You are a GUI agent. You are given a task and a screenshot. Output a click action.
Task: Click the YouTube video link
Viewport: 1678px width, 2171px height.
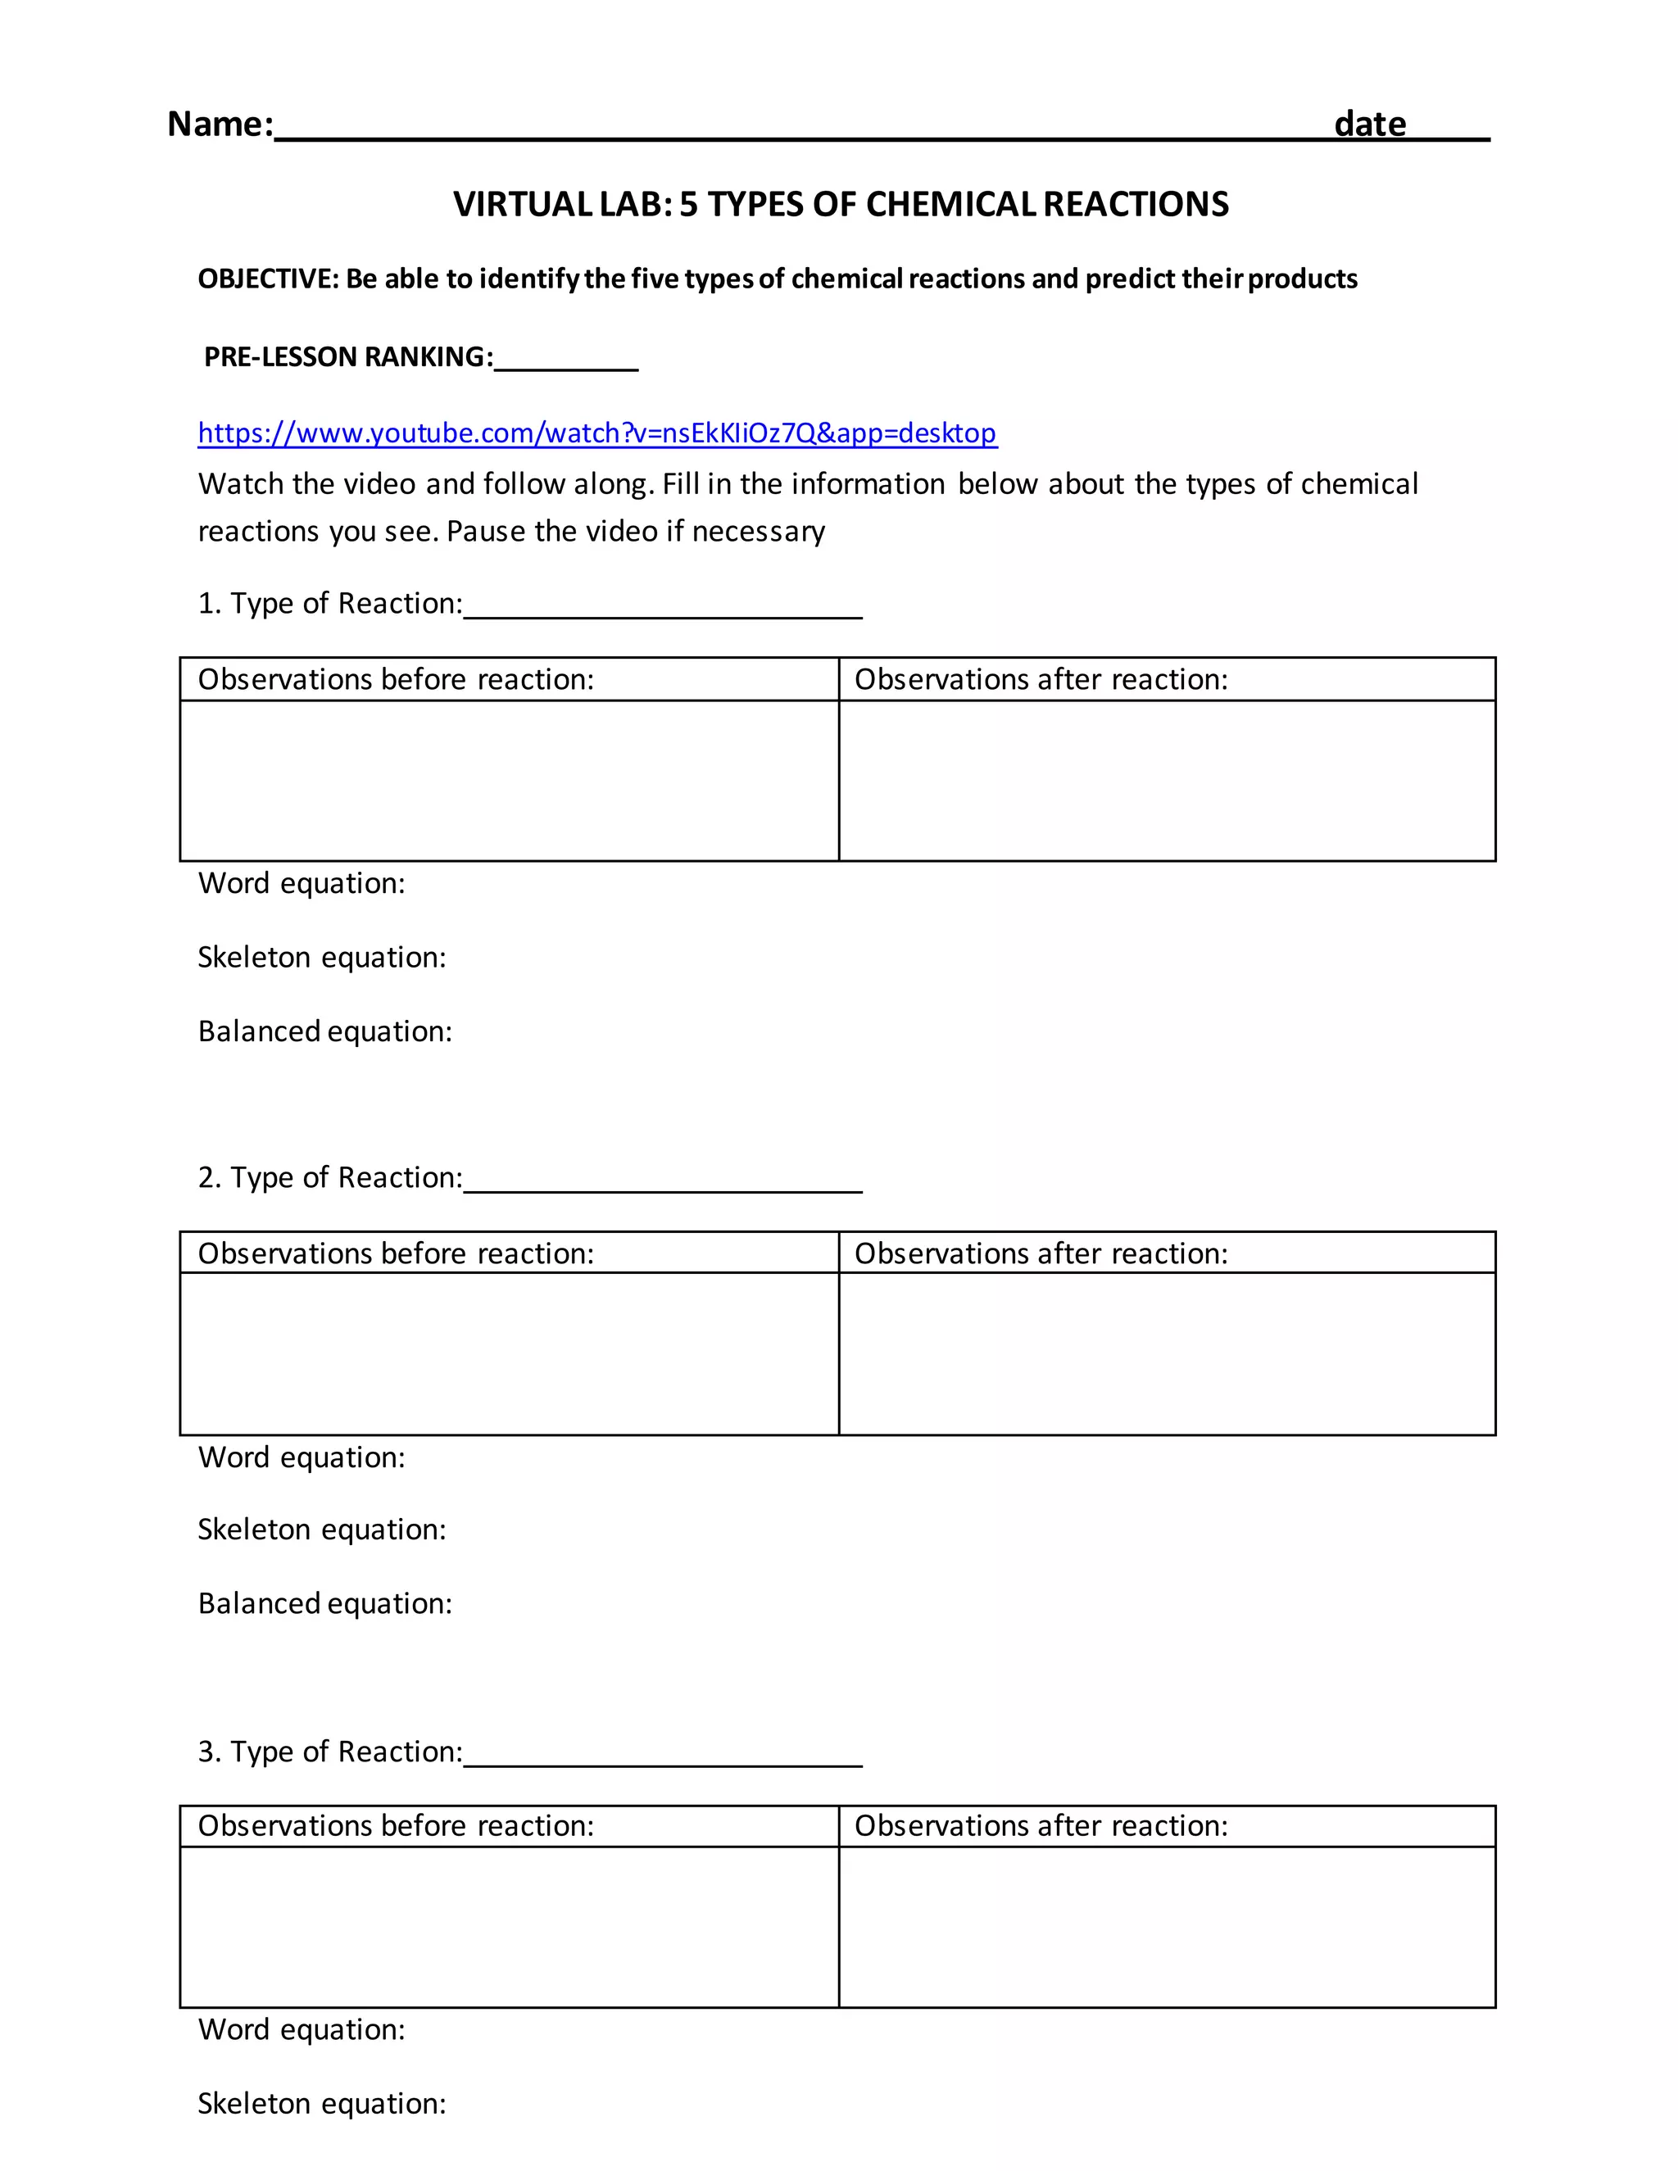click(x=596, y=433)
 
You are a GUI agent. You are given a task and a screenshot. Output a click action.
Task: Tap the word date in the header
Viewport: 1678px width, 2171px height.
click(x=1369, y=125)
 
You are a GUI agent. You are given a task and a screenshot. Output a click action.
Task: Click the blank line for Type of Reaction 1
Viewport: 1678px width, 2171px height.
click(x=663, y=609)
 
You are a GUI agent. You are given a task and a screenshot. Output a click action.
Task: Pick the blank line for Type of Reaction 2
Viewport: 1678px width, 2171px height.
click(x=663, y=1182)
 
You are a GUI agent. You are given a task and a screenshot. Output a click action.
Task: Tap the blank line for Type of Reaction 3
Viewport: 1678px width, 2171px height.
click(x=663, y=1756)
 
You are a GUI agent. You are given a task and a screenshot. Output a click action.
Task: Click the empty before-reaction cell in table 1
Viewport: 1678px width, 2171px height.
click(x=509, y=780)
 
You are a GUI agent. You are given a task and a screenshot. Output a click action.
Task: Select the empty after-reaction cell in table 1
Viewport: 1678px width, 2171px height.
click(x=1167, y=780)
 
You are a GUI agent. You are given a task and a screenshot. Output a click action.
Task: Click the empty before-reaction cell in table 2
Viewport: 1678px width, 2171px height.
click(x=509, y=1354)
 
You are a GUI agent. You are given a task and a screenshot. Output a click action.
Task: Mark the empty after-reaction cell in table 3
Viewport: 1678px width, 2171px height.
click(x=1167, y=1927)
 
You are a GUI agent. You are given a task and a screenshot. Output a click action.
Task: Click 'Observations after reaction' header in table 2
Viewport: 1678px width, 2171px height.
click(x=1041, y=1253)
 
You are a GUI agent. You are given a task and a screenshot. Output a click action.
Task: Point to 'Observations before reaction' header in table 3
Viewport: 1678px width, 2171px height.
click(x=396, y=1826)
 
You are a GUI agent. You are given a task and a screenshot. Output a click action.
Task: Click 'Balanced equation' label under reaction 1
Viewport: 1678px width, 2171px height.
click(x=325, y=1031)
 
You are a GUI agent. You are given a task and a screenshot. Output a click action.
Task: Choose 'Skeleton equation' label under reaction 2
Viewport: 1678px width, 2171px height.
click(x=321, y=1530)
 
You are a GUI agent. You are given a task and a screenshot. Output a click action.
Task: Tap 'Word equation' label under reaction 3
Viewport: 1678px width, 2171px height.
click(x=302, y=2030)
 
